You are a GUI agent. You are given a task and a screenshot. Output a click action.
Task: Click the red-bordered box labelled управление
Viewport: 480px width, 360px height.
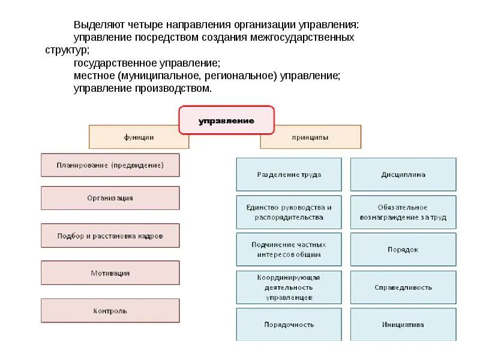[226, 121]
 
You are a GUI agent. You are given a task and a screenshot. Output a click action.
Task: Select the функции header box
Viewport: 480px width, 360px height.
[139, 137]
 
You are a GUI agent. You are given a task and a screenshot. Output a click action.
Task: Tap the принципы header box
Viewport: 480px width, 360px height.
[310, 137]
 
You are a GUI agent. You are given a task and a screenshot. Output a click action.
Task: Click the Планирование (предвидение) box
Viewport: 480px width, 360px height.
[110, 165]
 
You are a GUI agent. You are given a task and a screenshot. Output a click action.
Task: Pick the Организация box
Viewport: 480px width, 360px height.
[110, 198]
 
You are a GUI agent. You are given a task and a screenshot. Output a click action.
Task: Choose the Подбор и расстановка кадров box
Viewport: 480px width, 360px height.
[110, 236]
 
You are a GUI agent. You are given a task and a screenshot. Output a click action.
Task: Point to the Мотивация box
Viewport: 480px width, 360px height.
[110, 273]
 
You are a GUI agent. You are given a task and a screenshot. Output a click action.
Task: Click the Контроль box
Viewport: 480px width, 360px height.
[110, 311]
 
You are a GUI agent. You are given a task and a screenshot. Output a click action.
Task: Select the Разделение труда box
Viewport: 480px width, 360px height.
[289, 175]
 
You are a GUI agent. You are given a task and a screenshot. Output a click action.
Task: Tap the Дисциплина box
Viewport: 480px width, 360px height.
[403, 175]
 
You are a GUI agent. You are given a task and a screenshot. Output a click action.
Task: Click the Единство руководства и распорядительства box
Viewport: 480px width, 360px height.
[289, 212]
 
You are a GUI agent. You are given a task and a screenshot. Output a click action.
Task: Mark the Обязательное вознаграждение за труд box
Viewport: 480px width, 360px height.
[403, 212]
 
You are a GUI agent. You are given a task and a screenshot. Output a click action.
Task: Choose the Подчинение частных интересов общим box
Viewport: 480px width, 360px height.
[289, 250]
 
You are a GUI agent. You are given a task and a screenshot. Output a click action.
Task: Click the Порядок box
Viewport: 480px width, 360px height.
[403, 250]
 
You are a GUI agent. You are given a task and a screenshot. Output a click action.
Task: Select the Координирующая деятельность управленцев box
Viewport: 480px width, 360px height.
[289, 287]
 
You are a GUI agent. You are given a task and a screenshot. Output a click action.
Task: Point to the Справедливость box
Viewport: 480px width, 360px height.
[403, 287]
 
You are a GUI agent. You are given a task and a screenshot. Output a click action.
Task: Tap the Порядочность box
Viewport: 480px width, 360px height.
[289, 325]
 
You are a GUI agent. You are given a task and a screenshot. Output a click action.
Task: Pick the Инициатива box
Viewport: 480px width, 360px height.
[403, 325]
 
